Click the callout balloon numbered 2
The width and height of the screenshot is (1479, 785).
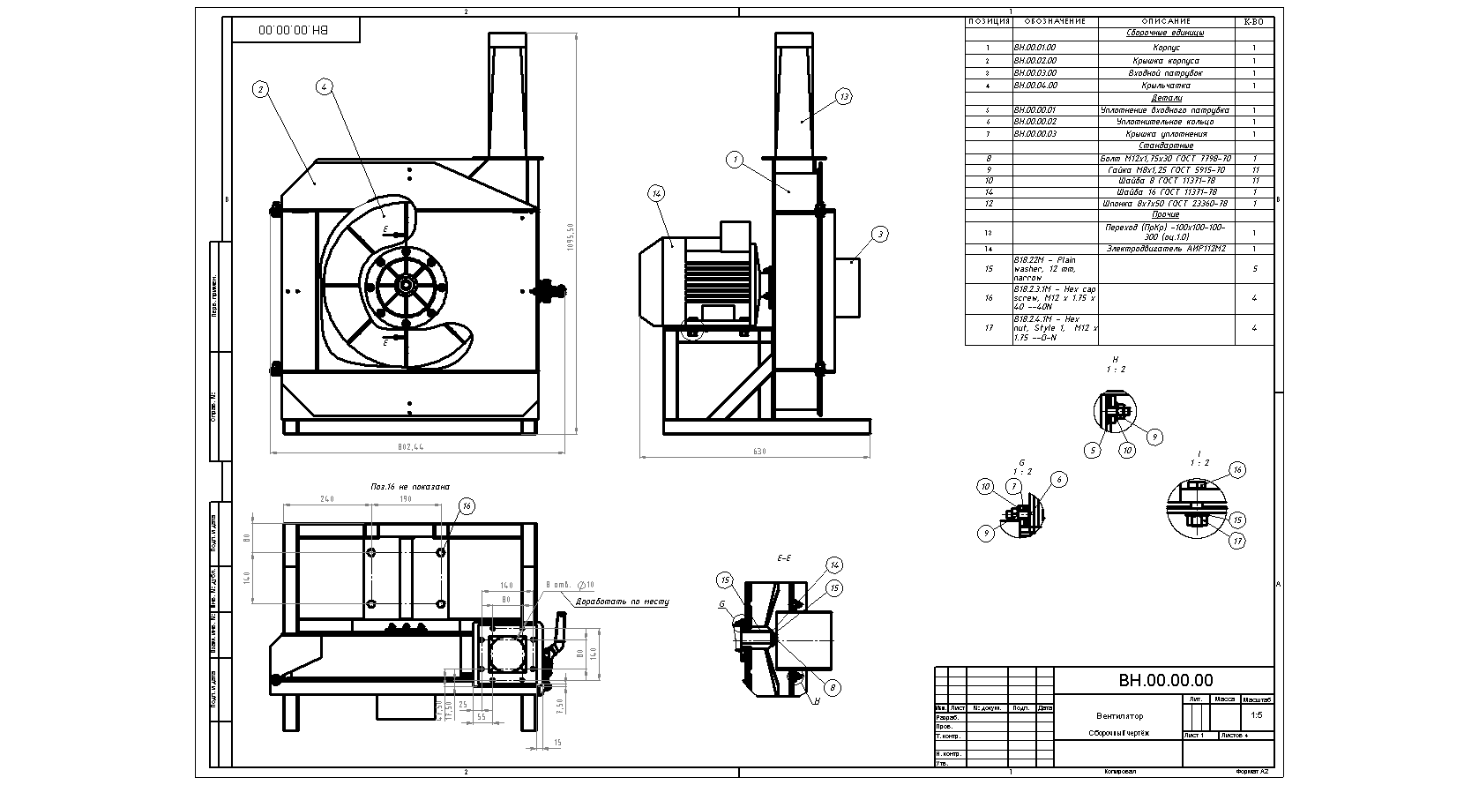[259, 88]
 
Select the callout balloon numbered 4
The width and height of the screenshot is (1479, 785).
[325, 86]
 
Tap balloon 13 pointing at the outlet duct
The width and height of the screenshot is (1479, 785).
[843, 97]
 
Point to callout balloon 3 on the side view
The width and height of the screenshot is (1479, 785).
[880, 234]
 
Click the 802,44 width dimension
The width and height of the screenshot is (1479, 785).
[412, 447]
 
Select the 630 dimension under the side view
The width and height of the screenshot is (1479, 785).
[759, 452]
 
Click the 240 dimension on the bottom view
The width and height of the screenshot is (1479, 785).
[326, 499]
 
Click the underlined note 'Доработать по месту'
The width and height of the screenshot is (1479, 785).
[622, 602]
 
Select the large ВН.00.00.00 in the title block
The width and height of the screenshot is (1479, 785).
[1165, 680]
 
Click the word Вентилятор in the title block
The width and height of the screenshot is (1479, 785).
[1119, 715]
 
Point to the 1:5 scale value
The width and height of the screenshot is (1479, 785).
[1256, 715]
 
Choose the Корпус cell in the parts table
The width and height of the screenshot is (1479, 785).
[1166, 48]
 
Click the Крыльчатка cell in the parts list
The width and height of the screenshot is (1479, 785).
[1166, 86]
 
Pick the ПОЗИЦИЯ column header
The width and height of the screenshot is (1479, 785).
[989, 21]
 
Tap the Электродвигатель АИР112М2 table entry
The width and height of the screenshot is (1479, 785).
[1166, 249]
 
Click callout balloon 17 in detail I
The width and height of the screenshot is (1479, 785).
[1237, 541]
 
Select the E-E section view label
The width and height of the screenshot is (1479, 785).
[783, 558]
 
